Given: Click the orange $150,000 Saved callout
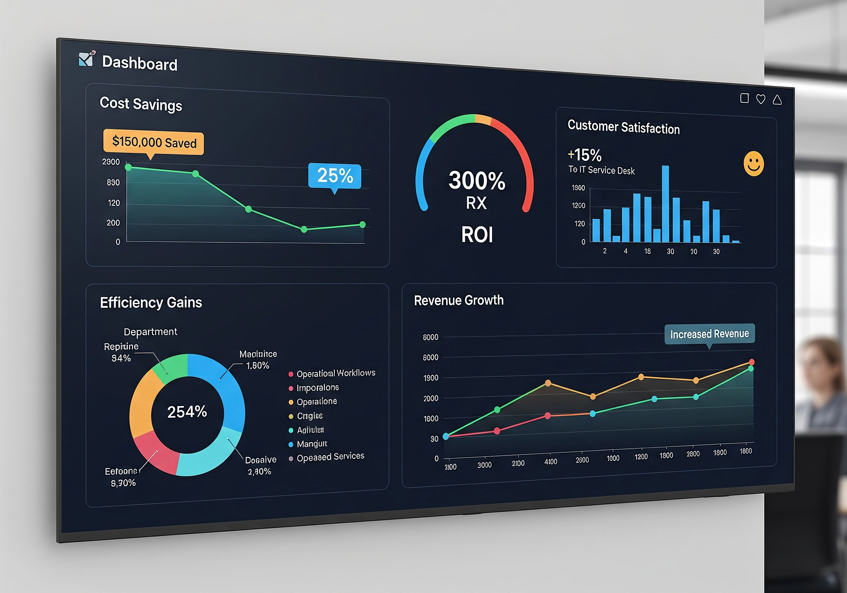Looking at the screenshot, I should click(154, 142).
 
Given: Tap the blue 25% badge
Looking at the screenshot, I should click(334, 176).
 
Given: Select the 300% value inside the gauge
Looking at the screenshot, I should click(477, 180).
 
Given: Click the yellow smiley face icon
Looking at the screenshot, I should click(753, 163).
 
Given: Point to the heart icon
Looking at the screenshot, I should click(761, 99).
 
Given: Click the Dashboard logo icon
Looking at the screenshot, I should click(87, 59).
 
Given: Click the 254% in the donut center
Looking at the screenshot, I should click(187, 411).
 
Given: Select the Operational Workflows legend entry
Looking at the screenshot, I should click(335, 374).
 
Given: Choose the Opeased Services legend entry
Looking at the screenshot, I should click(330, 457).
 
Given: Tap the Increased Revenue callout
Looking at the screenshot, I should click(709, 334).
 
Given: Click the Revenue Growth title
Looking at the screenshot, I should click(459, 300).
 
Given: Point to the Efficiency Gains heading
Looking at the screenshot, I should click(151, 302).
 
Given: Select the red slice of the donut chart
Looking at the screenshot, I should click(155, 452).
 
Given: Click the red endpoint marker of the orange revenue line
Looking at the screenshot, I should click(751, 362).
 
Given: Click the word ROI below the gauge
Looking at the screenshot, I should click(477, 235).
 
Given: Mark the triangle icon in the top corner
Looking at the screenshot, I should click(777, 100).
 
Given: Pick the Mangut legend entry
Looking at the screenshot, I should click(312, 443).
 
